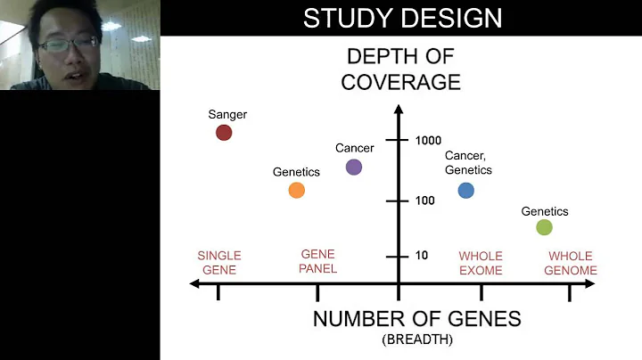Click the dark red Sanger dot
tap(224, 133)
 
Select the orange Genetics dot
tap(297, 190)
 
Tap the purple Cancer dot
tap(354, 167)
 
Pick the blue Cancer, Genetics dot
tap(465, 190)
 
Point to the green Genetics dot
tap(545, 227)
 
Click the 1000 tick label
tap(429, 141)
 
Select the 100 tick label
tap(425, 200)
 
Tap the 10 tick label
tap(422, 256)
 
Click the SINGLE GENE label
tap(218, 263)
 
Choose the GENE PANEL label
tap(318, 261)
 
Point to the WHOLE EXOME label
tap(481, 263)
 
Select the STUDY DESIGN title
tap(402, 18)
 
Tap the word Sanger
tap(227, 114)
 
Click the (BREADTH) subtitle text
tap(416, 340)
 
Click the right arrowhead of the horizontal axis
tap(590, 284)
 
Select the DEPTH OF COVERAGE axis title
tap(403, 70)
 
